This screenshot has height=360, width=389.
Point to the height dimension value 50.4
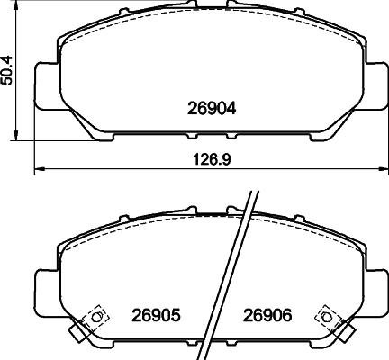pos(9,68)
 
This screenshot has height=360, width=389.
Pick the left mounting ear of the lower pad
pos(46,288)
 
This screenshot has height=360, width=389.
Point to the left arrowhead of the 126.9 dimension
pos(37,168)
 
